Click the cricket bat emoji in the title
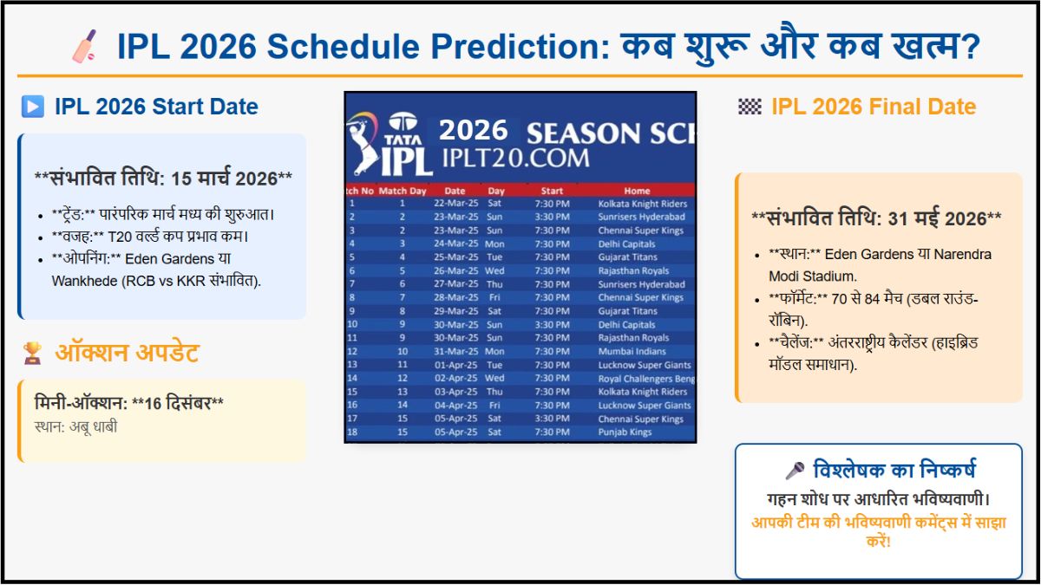(x=84, y=46)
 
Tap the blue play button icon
(x=32, y=107)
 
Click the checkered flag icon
(x=750, y=107)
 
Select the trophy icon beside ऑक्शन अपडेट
(x=32, y=353)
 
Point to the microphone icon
(x=794, y=471)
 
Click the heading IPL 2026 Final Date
(x=873, y=107)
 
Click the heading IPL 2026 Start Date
(x=156, y=107)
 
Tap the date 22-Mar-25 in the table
(x=455, y=204)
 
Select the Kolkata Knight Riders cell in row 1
(x=642, y=204)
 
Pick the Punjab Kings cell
(x=625, y=432)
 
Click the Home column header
(x=637, y=191)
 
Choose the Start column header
(x=552, y=191)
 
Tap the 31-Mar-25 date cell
(x=455, y=352)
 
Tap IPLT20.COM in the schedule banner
(x=515, y=158)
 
